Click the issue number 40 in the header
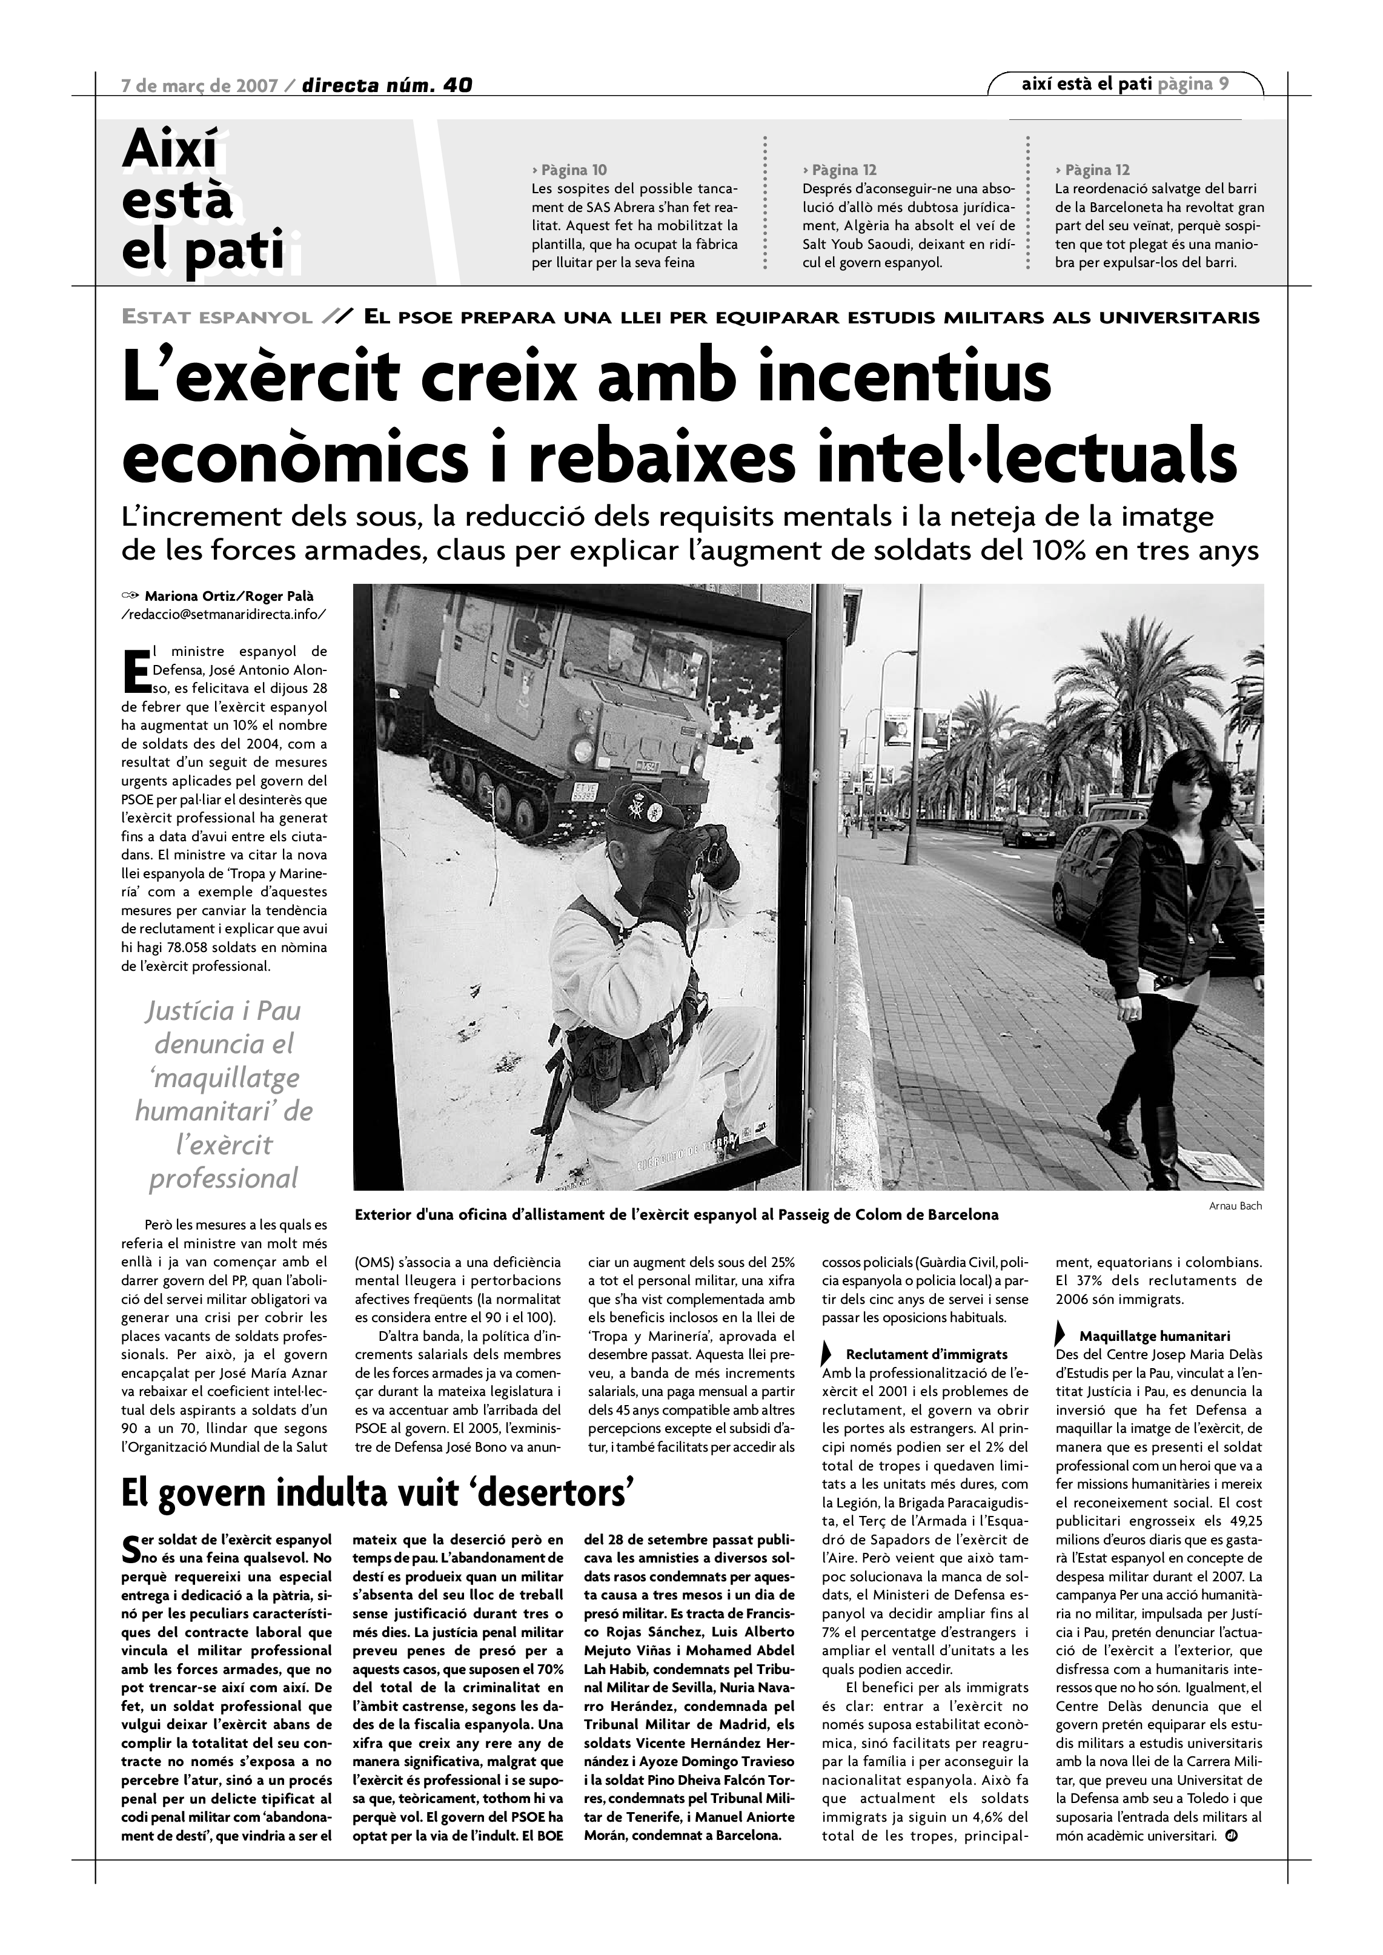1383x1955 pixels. click(457, 85)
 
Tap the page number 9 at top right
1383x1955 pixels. click(1223, 84)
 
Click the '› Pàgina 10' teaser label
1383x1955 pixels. click(569, 170)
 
